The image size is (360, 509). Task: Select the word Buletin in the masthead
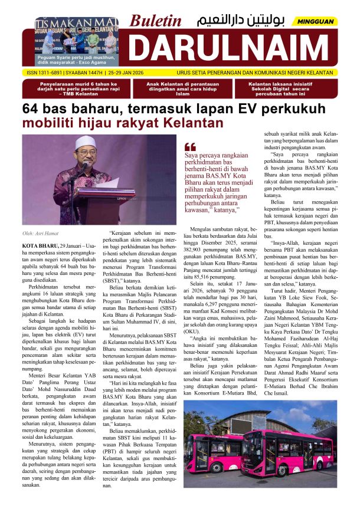pyautogui.click(x=156, y=20)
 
